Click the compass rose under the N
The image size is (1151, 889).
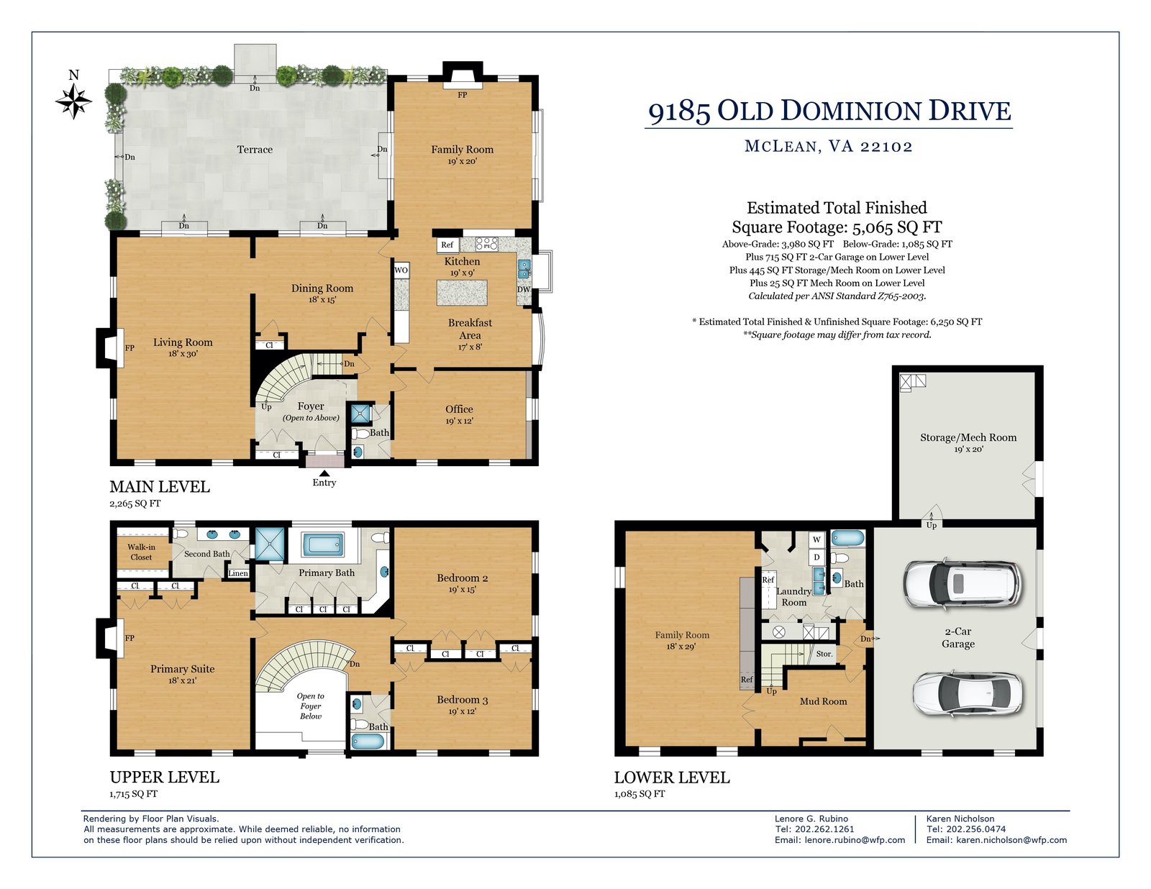pos(73,101)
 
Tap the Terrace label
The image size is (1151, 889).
pos(255,150)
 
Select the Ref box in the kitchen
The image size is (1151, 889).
pos(447,245)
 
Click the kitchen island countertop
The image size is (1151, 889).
pos(462,293)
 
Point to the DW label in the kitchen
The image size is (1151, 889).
pos(523,289)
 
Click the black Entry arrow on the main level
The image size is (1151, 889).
pos(324,473)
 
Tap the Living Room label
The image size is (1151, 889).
pos(183,342)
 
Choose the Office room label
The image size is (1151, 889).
pos(459,409)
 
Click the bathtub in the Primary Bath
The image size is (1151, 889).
pos(322,545)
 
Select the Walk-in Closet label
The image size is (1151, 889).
pos(142,552)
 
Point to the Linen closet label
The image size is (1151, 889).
pos(238,573)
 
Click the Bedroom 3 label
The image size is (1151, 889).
pos(463,699)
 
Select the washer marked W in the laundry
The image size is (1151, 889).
pos(816,539)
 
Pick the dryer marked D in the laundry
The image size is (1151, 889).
pos(816,557)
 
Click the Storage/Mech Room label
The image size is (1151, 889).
pos(968,437)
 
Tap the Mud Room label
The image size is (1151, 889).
pos(823,701)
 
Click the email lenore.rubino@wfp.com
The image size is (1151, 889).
pos(855,840)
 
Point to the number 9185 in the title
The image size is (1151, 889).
pos(679,111)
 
